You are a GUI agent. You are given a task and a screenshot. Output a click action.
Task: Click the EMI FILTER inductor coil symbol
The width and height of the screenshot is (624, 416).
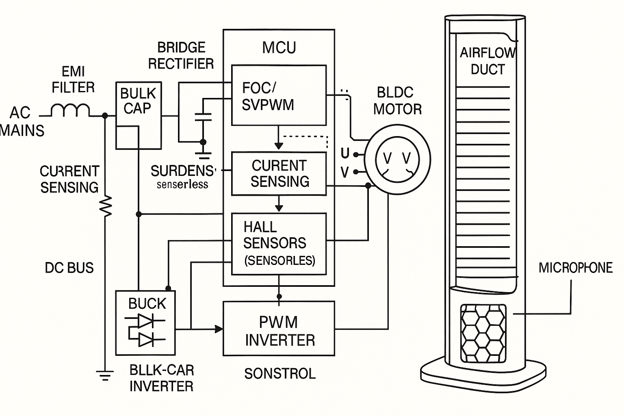tap(70, 110)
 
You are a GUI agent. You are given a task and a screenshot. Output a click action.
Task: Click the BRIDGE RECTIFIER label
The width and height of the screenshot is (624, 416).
tap(181, 56)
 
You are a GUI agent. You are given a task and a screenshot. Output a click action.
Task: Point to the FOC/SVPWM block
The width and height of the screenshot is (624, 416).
tap(279, 95)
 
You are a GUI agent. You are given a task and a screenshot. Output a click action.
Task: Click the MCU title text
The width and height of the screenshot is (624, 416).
tap(279, 48)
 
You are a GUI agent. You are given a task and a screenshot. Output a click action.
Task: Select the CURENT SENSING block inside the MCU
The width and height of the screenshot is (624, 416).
tap(279, 173)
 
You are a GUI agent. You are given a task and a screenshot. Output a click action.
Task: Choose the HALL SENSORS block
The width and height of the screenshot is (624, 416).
tap(279, 243)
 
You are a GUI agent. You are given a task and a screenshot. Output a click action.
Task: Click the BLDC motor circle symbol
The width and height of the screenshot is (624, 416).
tap(397, 159)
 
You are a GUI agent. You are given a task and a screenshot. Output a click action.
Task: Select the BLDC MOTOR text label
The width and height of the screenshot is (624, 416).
tap(397, 101)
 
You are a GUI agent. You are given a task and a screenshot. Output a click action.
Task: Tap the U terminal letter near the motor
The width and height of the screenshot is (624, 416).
tap(345, 153)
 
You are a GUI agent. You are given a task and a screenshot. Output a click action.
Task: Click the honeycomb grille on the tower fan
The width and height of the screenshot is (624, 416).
tap(483, 334)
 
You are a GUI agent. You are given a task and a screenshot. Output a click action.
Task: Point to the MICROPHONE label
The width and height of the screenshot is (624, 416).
tap(575, 268)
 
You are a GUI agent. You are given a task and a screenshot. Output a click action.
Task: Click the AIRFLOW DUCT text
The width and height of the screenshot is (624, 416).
tap(487, 61)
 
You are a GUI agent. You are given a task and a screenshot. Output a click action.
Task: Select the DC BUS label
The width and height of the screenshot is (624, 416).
tap(69, 268)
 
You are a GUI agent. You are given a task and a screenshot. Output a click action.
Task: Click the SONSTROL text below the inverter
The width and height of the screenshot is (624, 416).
tap(279, 373)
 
